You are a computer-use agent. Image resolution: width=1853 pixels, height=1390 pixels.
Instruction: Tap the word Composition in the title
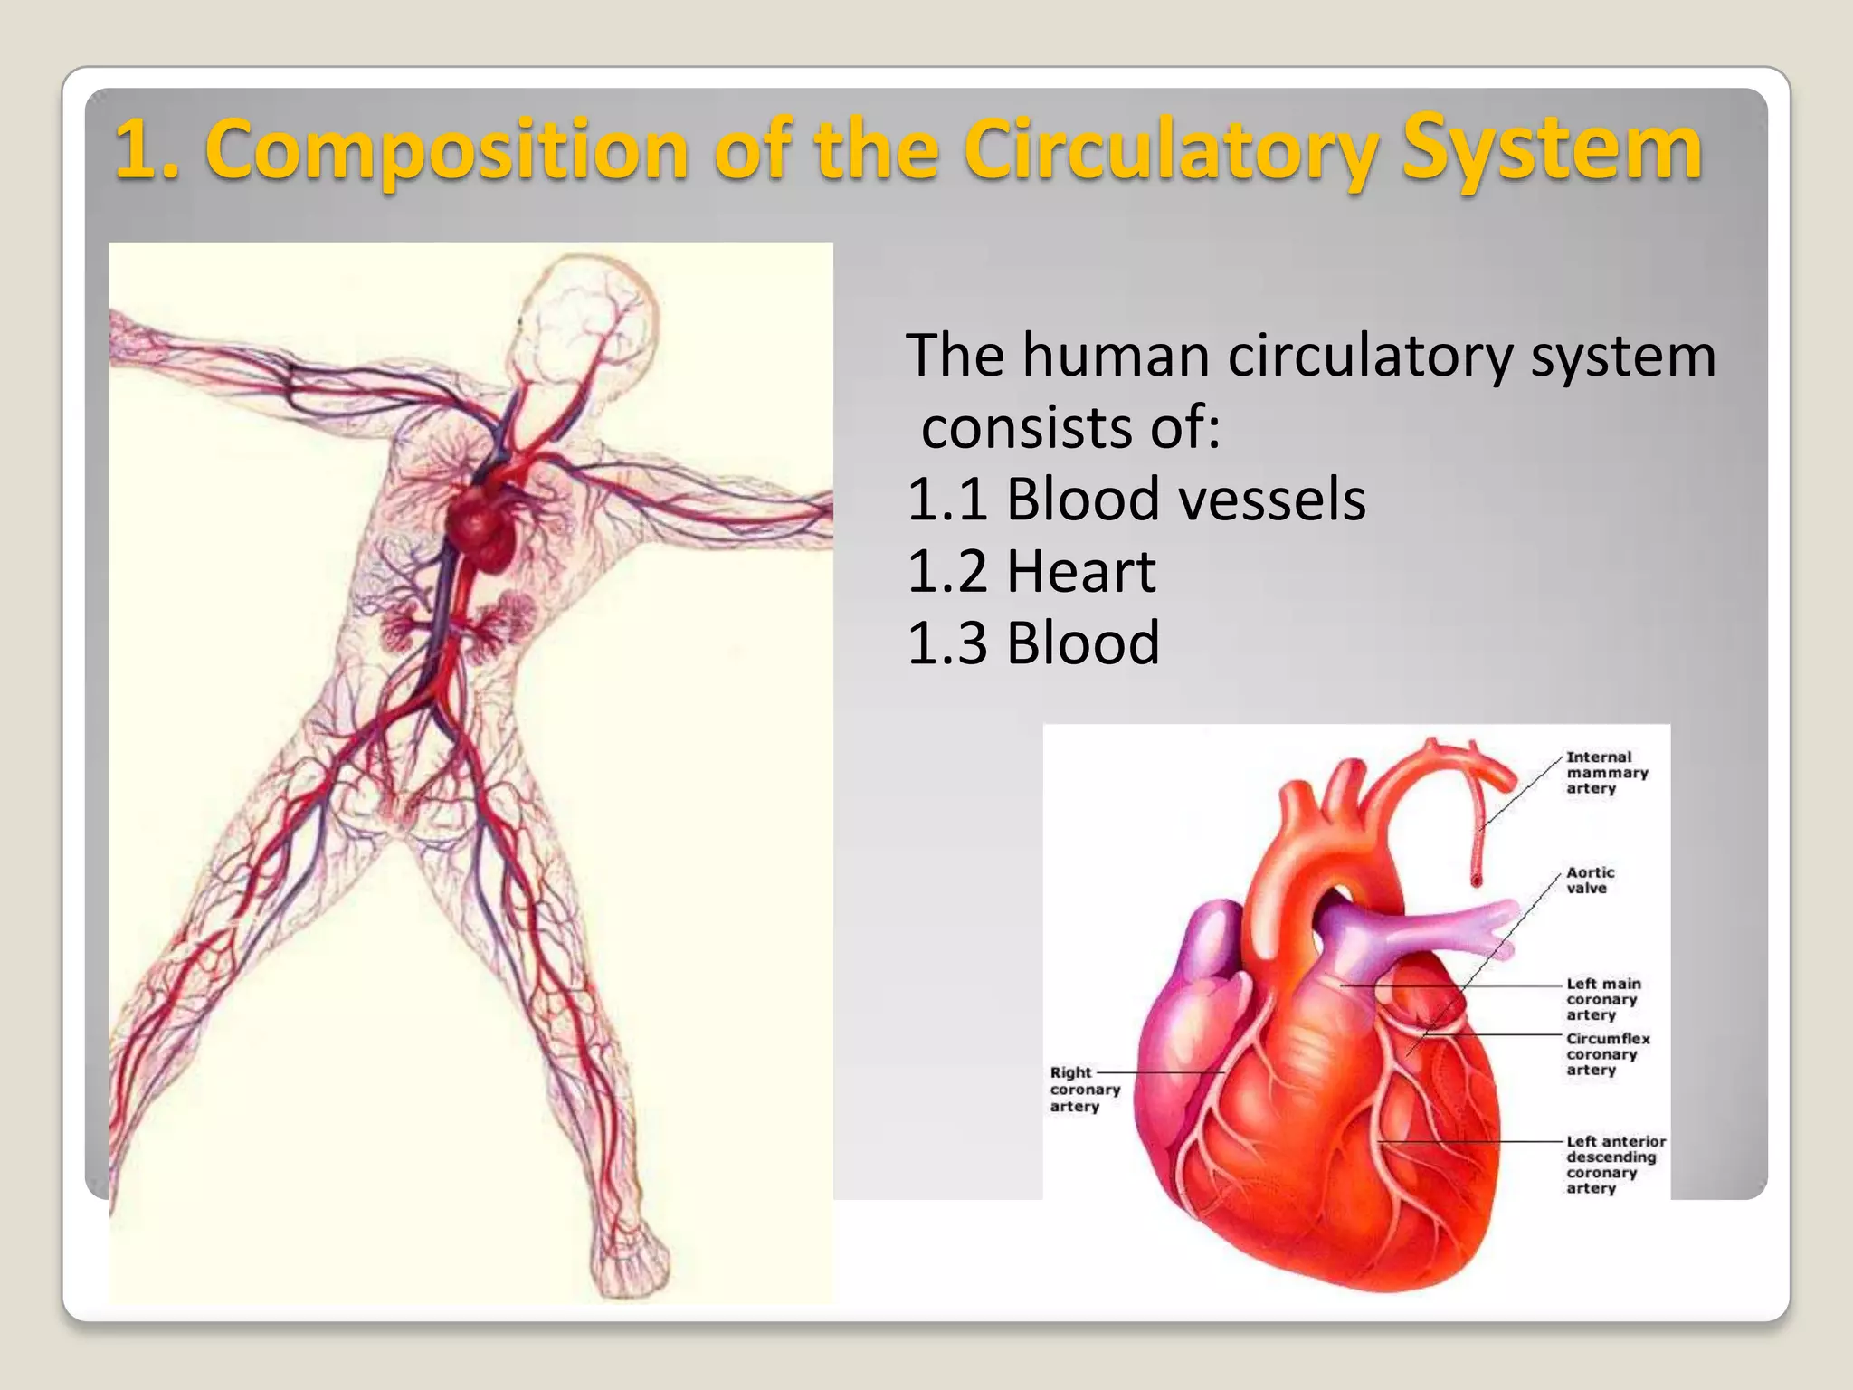(450, 150)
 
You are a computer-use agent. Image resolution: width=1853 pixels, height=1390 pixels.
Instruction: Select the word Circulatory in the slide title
(1172, 150)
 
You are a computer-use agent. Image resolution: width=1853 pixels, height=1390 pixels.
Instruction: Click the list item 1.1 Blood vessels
(1136, 500)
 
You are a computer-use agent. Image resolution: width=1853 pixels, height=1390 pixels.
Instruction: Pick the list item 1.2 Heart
(1031, 572)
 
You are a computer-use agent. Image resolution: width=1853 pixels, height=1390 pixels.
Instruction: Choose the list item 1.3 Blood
(1032, 643)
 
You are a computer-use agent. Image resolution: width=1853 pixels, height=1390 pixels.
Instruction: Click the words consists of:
(1070, 427)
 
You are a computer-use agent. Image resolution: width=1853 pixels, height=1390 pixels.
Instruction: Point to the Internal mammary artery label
(1607, 773)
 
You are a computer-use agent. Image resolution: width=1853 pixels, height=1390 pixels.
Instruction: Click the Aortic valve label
(1590, 880)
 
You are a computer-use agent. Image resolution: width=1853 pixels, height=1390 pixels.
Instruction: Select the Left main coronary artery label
(1603, 999)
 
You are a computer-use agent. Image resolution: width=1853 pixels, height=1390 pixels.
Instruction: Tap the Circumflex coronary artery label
(1608, 1054)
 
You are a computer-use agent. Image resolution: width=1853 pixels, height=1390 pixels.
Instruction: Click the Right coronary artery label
(1084, 1090)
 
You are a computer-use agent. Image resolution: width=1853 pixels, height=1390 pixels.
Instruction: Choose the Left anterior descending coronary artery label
(1615, 1165)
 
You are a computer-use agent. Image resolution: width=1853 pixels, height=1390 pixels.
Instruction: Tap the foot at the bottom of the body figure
(629, 1262)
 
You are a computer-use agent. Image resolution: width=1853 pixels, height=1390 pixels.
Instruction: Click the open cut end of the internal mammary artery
(1477, 880)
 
